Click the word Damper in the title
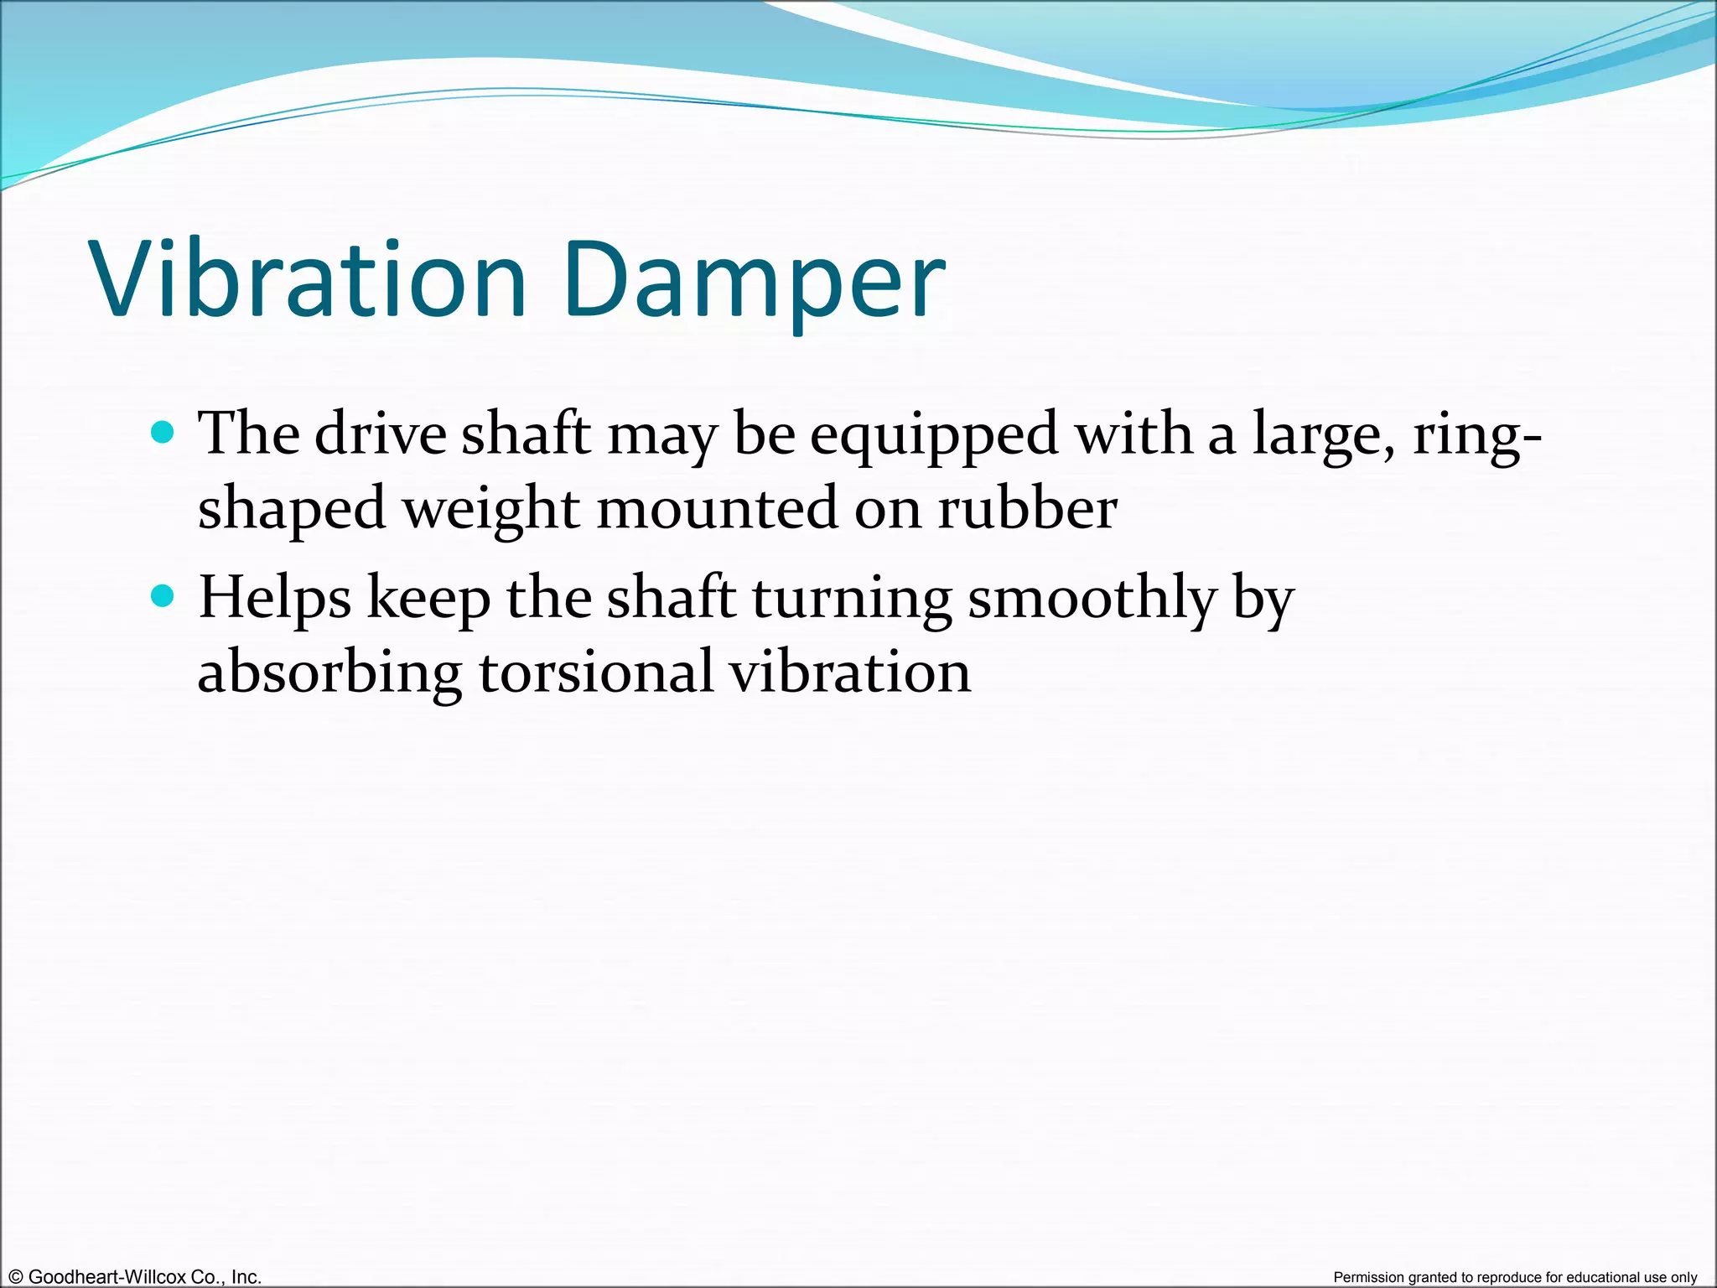pyautogui.click(x=755, y=281)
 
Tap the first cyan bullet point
pyautogui.click(x=162, y=433)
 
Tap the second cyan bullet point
pyautogui.click(x=162, y=596)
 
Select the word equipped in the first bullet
pyautogui.click(x=933, y=436)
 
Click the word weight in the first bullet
pyautogui.click(x=490, y=510)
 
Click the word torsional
pyautogui.click(x=595, y=672)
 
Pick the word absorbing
pyautogui.click(x=329, y=673)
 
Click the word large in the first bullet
pyautogui.click(x=1323, y=436)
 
